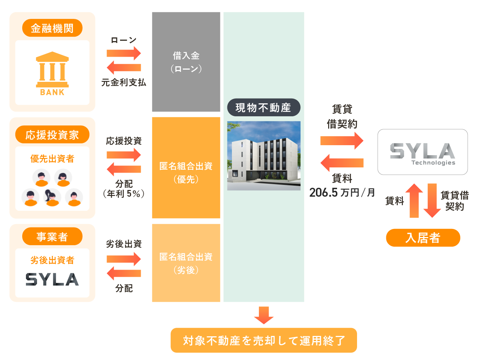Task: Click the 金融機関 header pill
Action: [x=52, y=28]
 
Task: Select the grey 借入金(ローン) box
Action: [x=186, y=62]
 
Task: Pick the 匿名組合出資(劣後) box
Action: [x=186, y=263]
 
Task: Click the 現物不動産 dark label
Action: [x=263, y=108]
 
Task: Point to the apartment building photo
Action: [x=264, y=156]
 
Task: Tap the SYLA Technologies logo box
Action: [x=423, y=152]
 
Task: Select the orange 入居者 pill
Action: [x=423, y=238]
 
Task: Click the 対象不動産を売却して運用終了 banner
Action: [x=264, y=340]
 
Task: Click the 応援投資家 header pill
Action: [x=52, y=135]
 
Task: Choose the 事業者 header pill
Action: [x=52, y=237]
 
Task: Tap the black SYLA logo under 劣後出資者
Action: [x=52, y=279]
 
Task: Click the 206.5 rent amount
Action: [x=323, y=193]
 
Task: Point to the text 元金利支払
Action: [x=124, y=83]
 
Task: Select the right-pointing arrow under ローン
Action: [x=124, y=53]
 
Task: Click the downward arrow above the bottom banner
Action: [x=264, y=315]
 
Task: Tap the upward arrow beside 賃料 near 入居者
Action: [x=414, y=200]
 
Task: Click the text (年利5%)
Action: [x=124, y=194]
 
